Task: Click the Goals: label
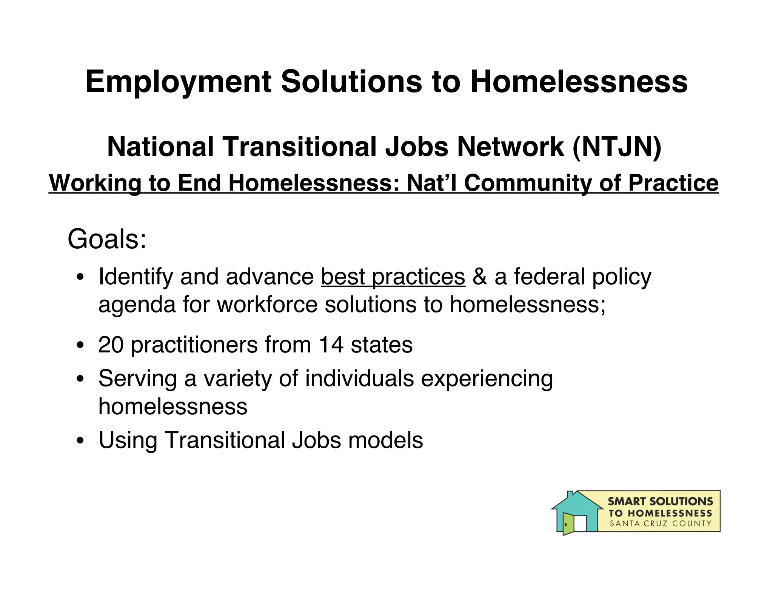tap(107, 239)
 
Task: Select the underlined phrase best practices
tap(393, 277)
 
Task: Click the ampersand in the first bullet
tap(479, 277)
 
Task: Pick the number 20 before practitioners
tap(111, 345)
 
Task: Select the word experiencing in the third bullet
tap(487, 379)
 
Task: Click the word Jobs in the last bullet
tap(316, 440)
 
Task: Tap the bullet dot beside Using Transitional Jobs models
tap(80, 441)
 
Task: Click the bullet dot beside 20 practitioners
tap(80, 345)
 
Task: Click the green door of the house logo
tap(568, 524)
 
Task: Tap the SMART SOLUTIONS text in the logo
tap(660, 502)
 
